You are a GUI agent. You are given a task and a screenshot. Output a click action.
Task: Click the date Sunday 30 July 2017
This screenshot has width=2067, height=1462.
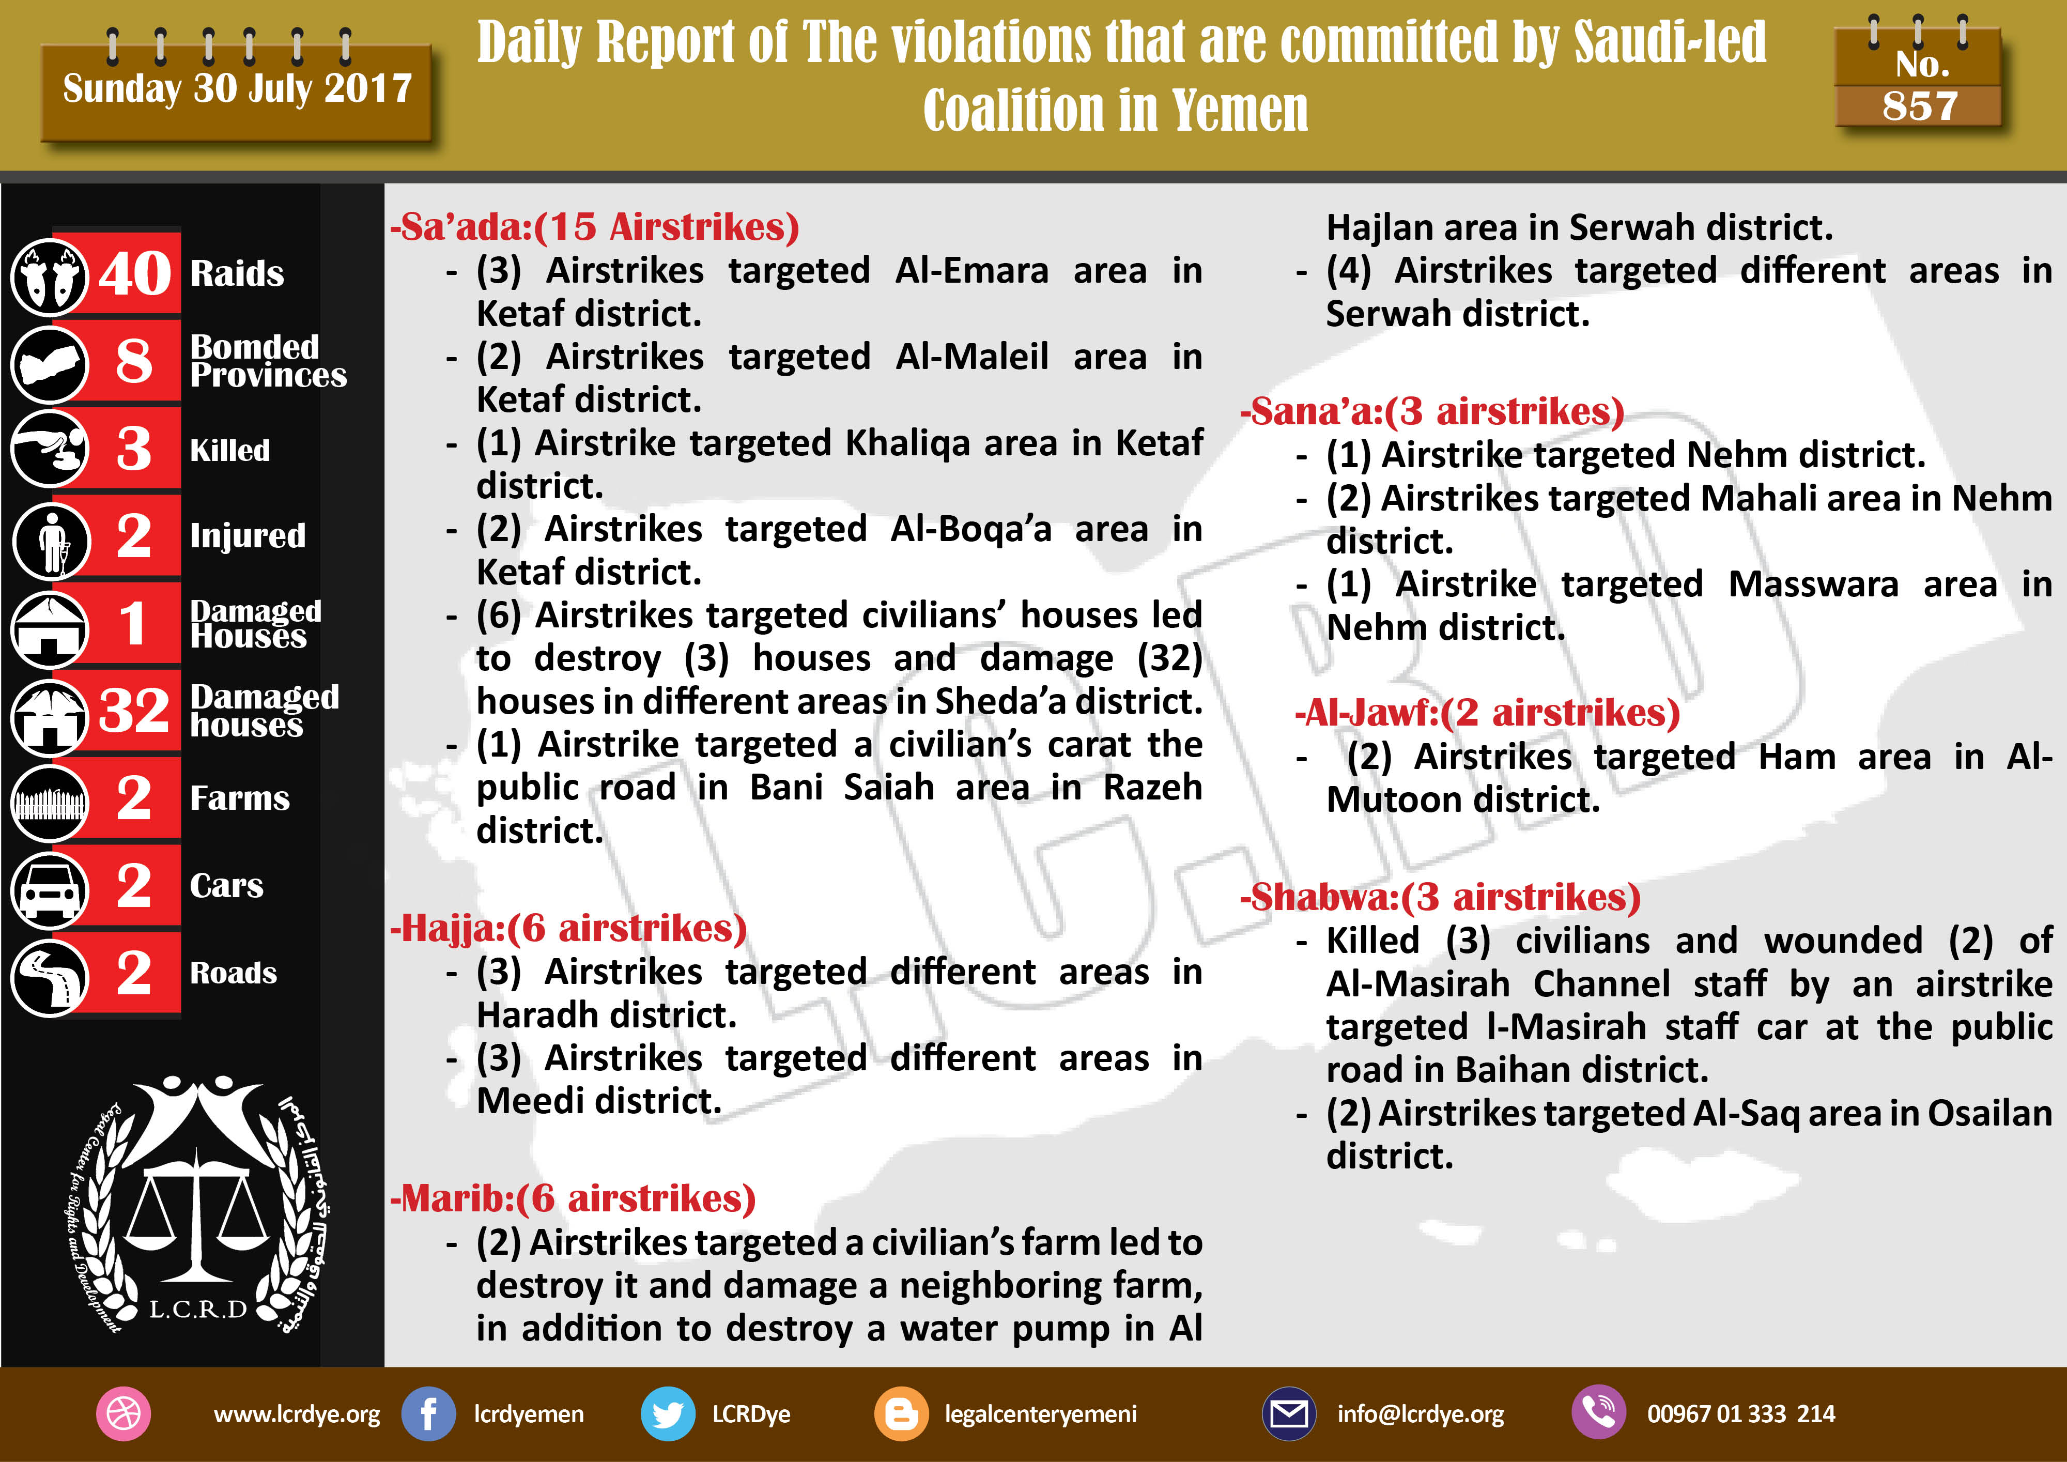point(237,88)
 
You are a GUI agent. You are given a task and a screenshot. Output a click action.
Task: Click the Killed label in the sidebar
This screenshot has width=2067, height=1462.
point(229,449)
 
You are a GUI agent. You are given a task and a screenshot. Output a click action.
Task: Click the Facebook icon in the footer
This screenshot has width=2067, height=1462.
point(428,1413)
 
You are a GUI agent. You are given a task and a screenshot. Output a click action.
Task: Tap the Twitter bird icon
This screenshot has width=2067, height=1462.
point(667,1413)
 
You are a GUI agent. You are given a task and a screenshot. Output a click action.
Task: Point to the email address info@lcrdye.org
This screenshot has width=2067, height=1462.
point(1420,1413)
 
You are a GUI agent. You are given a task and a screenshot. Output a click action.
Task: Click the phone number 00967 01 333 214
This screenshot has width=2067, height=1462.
point(1740,1413)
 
